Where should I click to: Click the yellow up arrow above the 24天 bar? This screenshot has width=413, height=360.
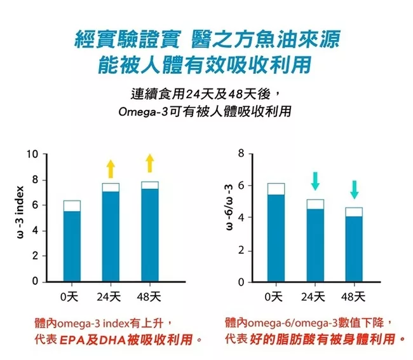111,169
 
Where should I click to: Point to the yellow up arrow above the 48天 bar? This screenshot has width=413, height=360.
149,163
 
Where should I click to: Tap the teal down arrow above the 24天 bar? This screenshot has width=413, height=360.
315,181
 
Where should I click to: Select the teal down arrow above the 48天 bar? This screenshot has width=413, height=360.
354,189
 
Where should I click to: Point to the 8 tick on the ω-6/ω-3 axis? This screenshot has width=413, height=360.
241,154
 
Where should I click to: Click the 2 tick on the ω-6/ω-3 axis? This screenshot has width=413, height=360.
241,250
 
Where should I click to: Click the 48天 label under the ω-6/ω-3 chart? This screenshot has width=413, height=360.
353,296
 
